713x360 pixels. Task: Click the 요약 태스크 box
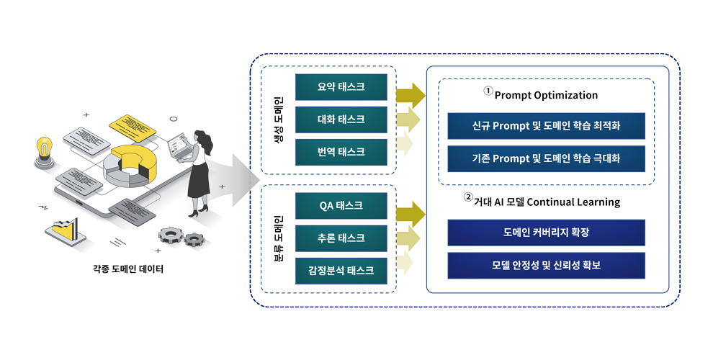341,87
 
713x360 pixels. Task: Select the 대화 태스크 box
341,120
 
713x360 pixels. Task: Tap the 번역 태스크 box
341,152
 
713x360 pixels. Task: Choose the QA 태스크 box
341,206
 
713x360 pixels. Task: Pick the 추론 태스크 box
341,238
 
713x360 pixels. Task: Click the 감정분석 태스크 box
341,271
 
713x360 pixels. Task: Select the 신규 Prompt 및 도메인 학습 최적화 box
546,126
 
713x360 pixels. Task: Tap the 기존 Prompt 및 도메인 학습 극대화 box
546,158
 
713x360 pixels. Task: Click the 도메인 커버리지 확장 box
546,233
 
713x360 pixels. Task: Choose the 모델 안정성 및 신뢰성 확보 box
546,266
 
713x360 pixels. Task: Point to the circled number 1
488,91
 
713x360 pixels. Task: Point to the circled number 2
468,197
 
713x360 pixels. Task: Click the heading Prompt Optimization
546,96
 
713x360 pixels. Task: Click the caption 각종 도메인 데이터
128,269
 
